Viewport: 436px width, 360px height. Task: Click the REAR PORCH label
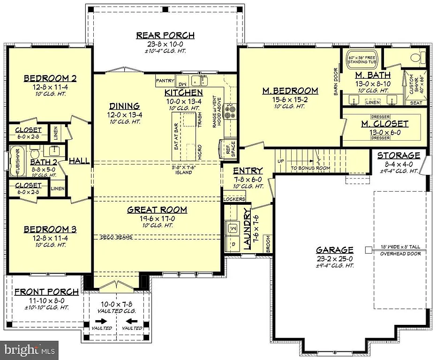pyautogui.click(x=165, y=36)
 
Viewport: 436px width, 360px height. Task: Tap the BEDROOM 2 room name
pyautogui.click(x=50, y=78)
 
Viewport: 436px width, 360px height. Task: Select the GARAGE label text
pyautogui.click(x=335, y=250)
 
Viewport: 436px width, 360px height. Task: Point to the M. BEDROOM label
pyautogui.click(x=290, y=91)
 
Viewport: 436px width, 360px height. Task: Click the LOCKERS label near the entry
pyautogui.click(x=234, y=199)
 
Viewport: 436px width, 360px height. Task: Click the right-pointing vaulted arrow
pyautogui.click(x=100, y=321)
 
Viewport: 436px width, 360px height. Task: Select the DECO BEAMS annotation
pyautogui.click(x=116, y=237)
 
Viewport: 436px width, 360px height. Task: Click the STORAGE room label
pyautogui.click(x=398, y=155)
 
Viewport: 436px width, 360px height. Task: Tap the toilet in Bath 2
pyautogui.click(x=34, y=153)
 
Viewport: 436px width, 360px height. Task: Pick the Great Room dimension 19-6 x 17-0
pyautogui.click(x=157, y=218)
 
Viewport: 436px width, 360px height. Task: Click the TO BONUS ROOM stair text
pyautogui.click(x=310, y=168)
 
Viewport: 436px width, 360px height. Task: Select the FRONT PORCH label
pyautogui.click(x=39, y=292)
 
